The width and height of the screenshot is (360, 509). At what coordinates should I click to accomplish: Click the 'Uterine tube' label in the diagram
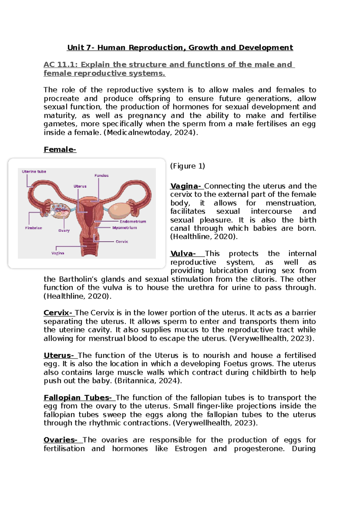pos(34,172)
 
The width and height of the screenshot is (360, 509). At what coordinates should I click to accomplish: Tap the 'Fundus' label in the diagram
pos(101,176)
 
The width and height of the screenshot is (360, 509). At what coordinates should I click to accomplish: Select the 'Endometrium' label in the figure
pos(133,221)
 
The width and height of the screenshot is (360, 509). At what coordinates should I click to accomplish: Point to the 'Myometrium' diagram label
pos(124,228)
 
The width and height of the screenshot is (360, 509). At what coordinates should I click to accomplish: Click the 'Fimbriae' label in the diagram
pos(34,228)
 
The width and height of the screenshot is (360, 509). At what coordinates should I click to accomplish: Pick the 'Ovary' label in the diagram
pos(64,230)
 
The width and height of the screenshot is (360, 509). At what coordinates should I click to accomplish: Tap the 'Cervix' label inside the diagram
pos(122,242)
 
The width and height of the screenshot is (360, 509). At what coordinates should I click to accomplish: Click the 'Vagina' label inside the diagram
pos(58,253)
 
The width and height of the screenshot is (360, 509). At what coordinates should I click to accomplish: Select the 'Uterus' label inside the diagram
pos(80,186)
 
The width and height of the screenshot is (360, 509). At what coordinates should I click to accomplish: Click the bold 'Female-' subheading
pos(60,149)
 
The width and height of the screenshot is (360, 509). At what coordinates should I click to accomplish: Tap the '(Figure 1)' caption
pos(187,166)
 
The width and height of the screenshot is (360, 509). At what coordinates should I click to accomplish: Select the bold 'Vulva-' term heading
pos(183,254)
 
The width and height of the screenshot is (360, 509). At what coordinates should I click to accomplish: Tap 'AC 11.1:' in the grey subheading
pos(61,65)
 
